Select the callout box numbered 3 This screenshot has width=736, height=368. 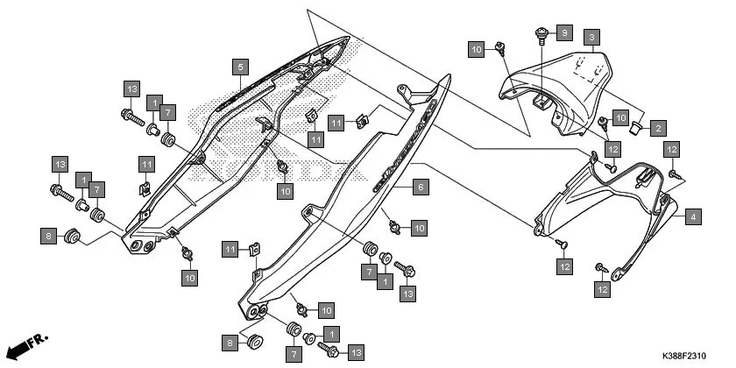click(592, 37)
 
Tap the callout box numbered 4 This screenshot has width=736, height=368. click(692, 216)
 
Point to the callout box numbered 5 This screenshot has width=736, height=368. click(240, 66)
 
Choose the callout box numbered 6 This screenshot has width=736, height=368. click(420, 187)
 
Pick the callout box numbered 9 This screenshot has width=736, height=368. click(563, 33)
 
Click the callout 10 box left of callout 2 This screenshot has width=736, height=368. click(620, 117)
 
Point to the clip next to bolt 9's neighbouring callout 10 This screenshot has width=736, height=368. click(500, 48)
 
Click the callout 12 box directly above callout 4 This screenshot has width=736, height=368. click(674, 149)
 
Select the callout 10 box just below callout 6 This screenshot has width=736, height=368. click(419, 228)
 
